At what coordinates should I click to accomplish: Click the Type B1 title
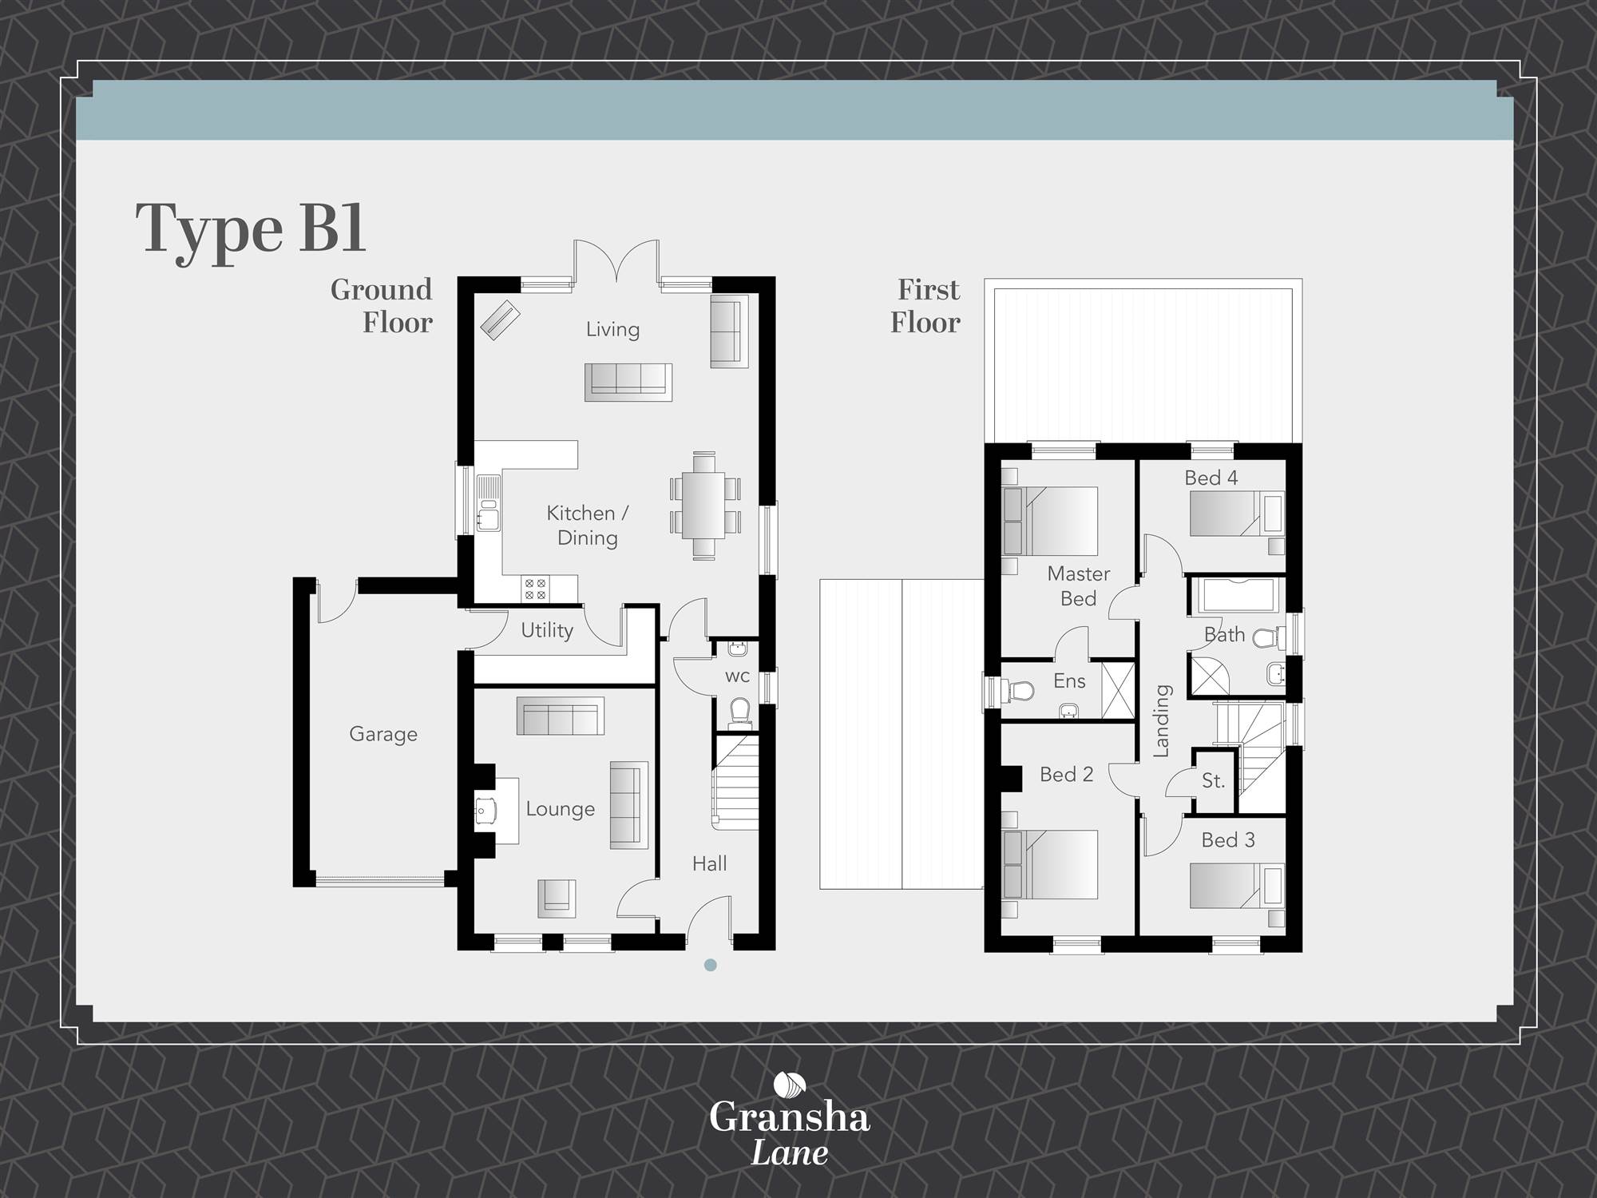[x=251, y=229]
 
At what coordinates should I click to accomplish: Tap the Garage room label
[x=383, y=734]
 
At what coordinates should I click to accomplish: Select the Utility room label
[x=547, y=630]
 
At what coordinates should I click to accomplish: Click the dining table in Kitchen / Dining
[x=705, y=506]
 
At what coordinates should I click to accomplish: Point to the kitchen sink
[x=488, y=504]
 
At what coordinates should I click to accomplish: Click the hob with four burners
[x=535, y=589]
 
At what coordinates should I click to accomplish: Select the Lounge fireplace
[x=486, y=811]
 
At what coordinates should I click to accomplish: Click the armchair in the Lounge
[x=557, y=898]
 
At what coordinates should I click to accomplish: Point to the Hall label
[x=709, y=863]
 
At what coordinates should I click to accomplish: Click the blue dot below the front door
[x=711, y=965]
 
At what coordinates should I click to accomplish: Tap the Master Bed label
[x=1078, y=585]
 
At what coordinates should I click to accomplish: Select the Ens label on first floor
[x=1069, y=680]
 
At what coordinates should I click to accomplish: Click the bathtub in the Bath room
[x=1236, y=595]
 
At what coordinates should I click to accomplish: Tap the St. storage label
[x=1213, y=781]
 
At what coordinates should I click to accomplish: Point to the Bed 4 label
[x=1211, y=478]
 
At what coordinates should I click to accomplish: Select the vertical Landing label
[x=1161, y=720]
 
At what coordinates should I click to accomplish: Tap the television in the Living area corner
[x=500, y=320]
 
